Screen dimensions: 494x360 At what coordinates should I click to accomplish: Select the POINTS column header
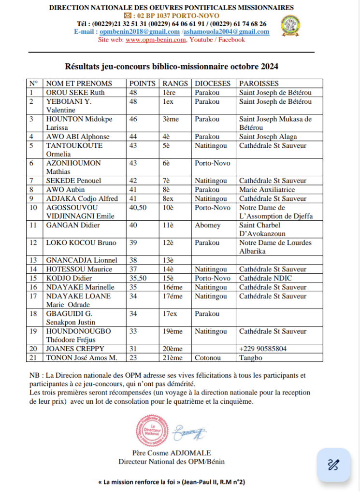[x=143, y=84]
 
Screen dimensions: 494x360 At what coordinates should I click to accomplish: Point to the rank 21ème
[x=173, y=357]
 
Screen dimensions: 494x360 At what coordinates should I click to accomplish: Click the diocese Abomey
[x=208, y=225]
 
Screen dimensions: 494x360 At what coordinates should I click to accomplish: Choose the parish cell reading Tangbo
[x=250, y=357]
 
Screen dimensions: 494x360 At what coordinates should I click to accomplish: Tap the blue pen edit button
[x=333, y=465]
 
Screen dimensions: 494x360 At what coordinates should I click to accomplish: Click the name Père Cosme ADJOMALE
[x=172, y=453]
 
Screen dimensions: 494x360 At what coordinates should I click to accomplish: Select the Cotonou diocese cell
[x=209, y=357]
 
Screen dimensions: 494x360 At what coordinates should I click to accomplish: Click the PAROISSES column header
[x=259, y=84]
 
